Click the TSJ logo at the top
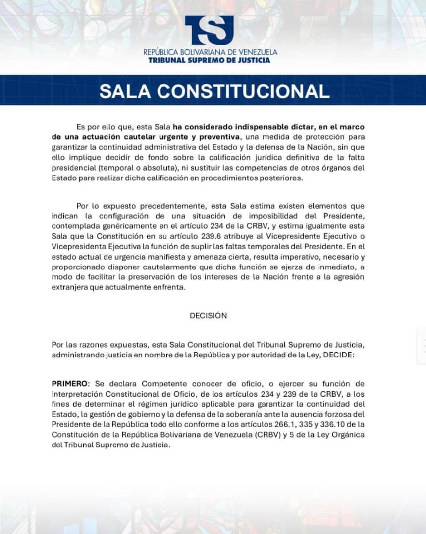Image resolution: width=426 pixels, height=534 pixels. click(x=209, y=30)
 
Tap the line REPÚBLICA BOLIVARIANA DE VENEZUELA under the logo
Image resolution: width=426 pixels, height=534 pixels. click(x=210, y=52)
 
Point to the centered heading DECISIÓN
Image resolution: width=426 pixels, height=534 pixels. click(x=208, y=316)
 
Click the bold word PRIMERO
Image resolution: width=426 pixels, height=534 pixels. click(x=69, y=384)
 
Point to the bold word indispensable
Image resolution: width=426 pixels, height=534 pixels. click(x=240, y=126)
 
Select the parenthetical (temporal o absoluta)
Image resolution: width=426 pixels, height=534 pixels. click(x=135, y=168)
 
